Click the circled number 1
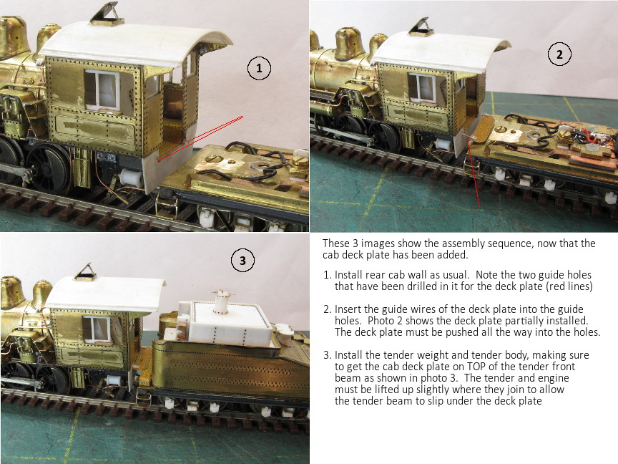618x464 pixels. point(259,68)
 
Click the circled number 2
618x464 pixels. point(559,54)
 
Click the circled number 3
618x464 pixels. point(242,261)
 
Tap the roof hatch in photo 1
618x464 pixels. point(104,14)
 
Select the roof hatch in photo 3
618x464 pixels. point(86,272)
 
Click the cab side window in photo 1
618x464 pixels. point(102,90)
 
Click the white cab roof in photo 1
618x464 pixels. point(134,44)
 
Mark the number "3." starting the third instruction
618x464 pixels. point(327,355)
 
